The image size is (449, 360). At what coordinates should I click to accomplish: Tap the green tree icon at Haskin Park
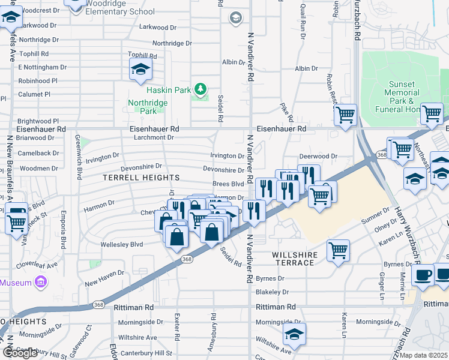[200, 90]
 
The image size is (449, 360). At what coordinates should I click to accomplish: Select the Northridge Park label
[148, 107]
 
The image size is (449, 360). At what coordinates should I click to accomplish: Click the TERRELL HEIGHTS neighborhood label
[141, 178]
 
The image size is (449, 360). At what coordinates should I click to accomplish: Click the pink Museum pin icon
[41, 282]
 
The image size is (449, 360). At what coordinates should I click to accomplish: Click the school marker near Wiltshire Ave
[294, 334]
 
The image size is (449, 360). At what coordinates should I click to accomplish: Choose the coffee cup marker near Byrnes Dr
[423, 274]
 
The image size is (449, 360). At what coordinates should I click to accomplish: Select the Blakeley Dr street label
[272, 292]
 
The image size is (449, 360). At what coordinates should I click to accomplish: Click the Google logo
[20, 353]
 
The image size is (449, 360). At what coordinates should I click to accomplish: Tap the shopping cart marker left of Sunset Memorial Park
[346, 115]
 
